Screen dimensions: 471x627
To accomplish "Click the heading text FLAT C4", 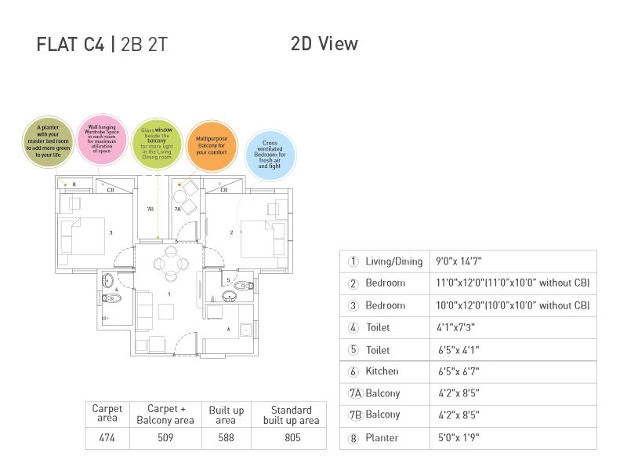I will point(71,45).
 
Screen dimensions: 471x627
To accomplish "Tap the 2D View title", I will point(324,44).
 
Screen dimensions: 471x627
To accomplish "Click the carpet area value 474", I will point(107,438).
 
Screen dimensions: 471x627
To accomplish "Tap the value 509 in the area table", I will point(165,438).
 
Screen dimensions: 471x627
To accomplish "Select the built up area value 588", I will point(227,438).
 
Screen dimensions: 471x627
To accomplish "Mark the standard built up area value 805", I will point(291,438).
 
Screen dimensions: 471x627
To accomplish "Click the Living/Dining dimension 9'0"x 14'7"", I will point(465,261).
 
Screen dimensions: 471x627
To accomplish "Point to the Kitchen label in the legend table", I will point(382,371).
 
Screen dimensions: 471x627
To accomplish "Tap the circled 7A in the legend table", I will point(353,393).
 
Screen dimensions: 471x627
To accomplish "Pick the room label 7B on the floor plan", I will point(150,210).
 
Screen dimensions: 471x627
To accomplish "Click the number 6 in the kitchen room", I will point(229,329).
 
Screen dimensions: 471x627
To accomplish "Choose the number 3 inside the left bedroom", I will point(111,232).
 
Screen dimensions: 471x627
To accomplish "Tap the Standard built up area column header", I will point(291,415).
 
